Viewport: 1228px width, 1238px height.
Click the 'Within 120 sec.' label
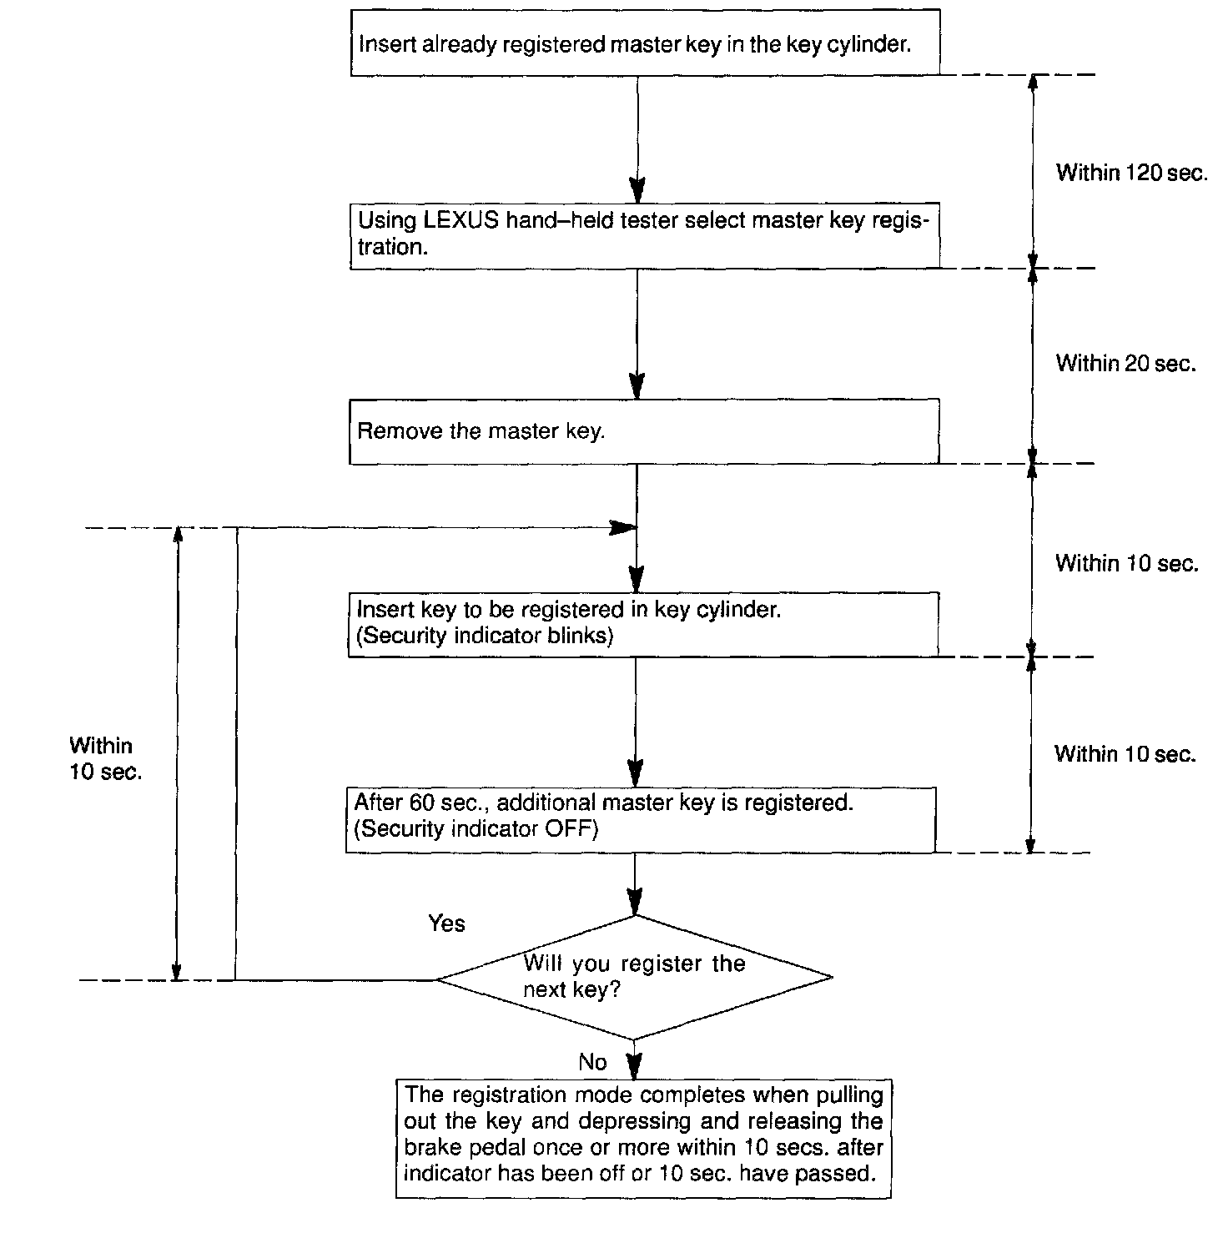1131,173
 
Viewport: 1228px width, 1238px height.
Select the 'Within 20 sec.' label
1125,364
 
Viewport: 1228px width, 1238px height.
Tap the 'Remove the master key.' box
643,431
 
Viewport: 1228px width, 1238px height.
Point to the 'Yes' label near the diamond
446,923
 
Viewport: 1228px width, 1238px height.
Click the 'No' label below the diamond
592,1062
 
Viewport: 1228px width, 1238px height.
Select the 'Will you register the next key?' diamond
634,977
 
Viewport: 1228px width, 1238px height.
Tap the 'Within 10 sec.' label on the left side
105,758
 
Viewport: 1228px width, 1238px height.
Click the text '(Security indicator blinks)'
485,636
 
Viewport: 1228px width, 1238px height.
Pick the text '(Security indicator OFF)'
476,829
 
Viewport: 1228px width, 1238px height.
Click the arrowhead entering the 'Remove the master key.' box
637,386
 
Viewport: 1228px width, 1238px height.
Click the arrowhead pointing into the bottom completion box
635,1068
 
